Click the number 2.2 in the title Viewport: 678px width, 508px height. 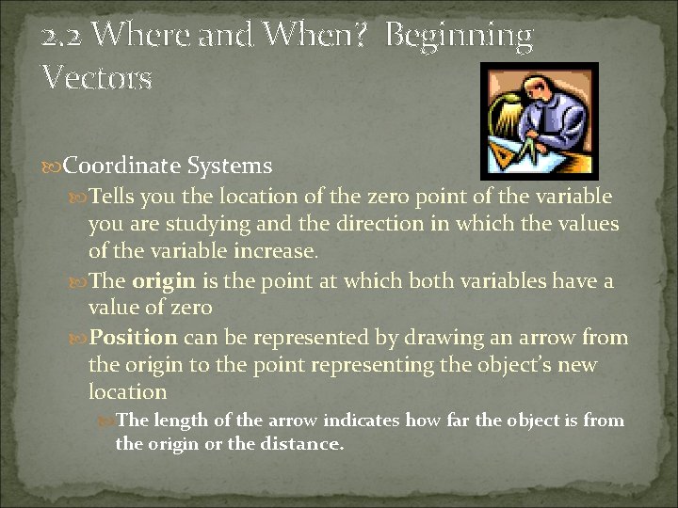(62, 37)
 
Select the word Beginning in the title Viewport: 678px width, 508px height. (460, 37)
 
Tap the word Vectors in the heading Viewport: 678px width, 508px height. (96, 77)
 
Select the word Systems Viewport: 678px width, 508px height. (230, 167)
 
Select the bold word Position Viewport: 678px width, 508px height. (133, 337)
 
